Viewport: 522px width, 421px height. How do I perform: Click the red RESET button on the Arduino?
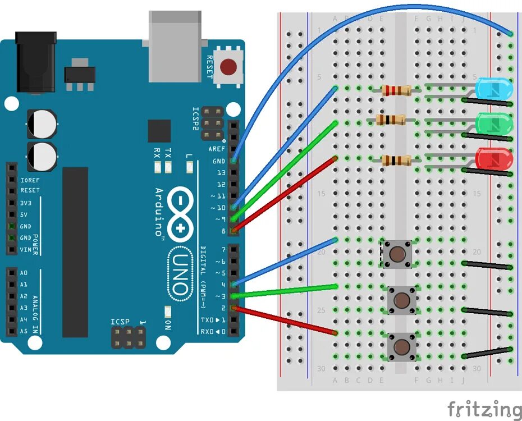click(228, 67)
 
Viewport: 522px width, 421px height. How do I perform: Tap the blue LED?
click(493, 89)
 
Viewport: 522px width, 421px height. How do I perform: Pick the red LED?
click(493, 159)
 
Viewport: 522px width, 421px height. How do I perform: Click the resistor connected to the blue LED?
click(396, 89)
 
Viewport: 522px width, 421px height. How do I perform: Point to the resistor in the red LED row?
click(396, 160)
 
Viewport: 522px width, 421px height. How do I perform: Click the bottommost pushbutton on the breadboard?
click(401, 346)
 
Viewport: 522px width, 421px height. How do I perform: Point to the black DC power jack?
click(37, 62)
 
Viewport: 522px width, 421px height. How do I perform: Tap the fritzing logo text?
click(484, 409)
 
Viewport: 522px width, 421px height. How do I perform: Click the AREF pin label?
click(217, 149)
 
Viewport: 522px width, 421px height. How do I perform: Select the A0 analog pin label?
click(23, 273)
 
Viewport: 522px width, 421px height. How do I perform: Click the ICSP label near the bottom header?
click(120, 322)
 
